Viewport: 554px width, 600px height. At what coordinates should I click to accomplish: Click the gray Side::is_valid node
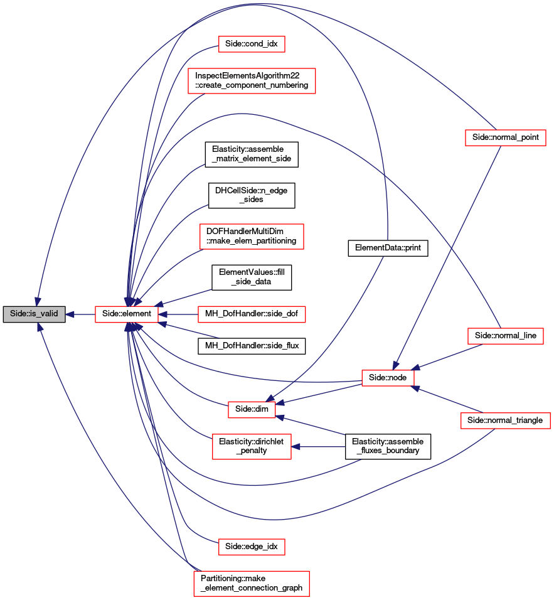[34, 314]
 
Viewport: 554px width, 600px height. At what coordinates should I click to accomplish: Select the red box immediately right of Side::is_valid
[126, 314]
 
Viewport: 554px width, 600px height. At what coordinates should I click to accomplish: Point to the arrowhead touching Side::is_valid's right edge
[70, 314]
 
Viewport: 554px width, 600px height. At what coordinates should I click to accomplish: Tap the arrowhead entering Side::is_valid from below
[40, 327]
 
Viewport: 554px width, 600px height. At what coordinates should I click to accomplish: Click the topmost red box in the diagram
[252, 44]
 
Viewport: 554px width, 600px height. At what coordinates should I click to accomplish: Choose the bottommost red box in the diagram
[251, 583]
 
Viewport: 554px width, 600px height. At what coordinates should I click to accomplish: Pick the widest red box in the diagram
[252, 81]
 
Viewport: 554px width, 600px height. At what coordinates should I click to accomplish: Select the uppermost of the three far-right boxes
[506, 137]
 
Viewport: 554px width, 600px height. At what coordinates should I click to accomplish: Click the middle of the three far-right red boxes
[506, 336]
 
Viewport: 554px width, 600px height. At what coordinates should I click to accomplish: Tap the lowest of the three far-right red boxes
[505, 421]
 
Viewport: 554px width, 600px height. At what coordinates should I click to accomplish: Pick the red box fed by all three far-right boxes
[388, 378]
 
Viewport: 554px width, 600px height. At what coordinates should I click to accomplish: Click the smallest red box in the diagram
[252, 410]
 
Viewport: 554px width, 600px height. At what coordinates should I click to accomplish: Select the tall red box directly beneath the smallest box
[252, 447]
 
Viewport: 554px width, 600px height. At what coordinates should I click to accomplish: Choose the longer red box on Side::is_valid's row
[252, 314]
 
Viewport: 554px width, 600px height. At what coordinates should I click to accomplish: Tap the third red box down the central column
[252, 237]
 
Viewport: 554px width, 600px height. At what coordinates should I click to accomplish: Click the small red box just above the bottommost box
[252, 547]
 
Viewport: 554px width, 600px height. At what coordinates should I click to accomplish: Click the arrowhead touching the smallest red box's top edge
[270, 398]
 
